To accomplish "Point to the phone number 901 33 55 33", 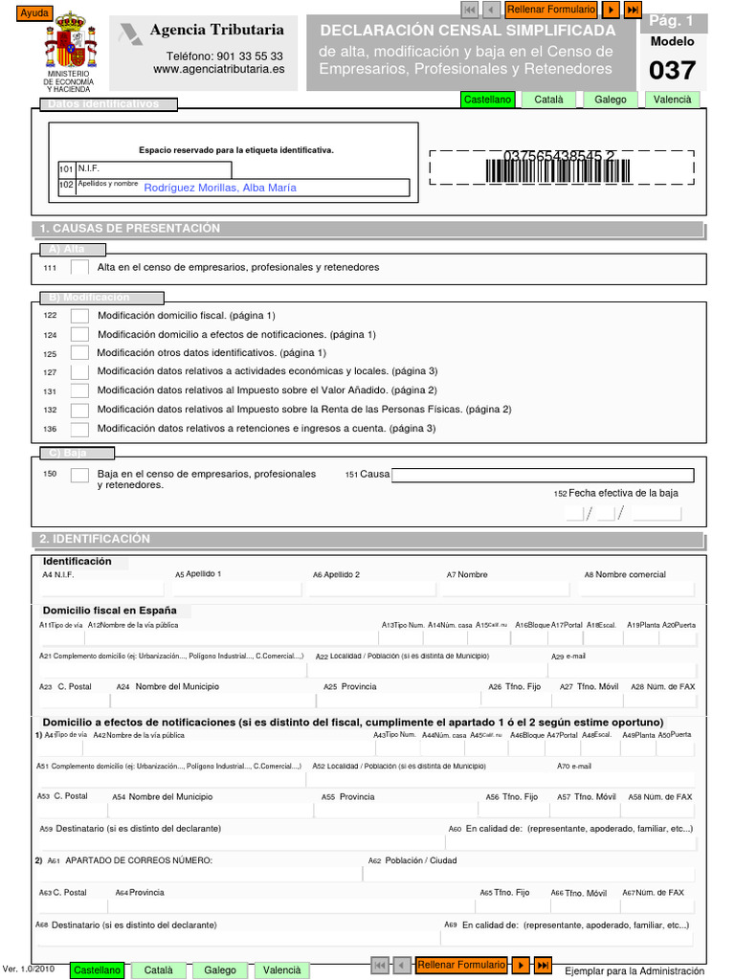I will tap(225, 56).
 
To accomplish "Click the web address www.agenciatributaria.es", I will tap(219, 70).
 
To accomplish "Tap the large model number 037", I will tap(673, 71).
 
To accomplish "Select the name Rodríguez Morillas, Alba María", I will tap(220, 188).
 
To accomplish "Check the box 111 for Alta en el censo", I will tap(80, 268).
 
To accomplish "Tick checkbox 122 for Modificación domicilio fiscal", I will tap(80, 316).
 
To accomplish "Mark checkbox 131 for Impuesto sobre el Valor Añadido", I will tap(80, 390).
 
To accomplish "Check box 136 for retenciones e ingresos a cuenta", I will tap(80, 429).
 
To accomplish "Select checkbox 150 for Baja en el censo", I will tap(80, 475).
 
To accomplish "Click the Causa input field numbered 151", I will tap(543, 475).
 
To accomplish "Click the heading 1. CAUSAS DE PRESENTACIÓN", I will tap(130, 229).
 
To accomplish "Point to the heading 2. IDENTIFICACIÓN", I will tap(96, 539).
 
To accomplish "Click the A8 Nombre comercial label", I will tap(626, 575).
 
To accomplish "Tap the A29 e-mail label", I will tap(568, 657).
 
